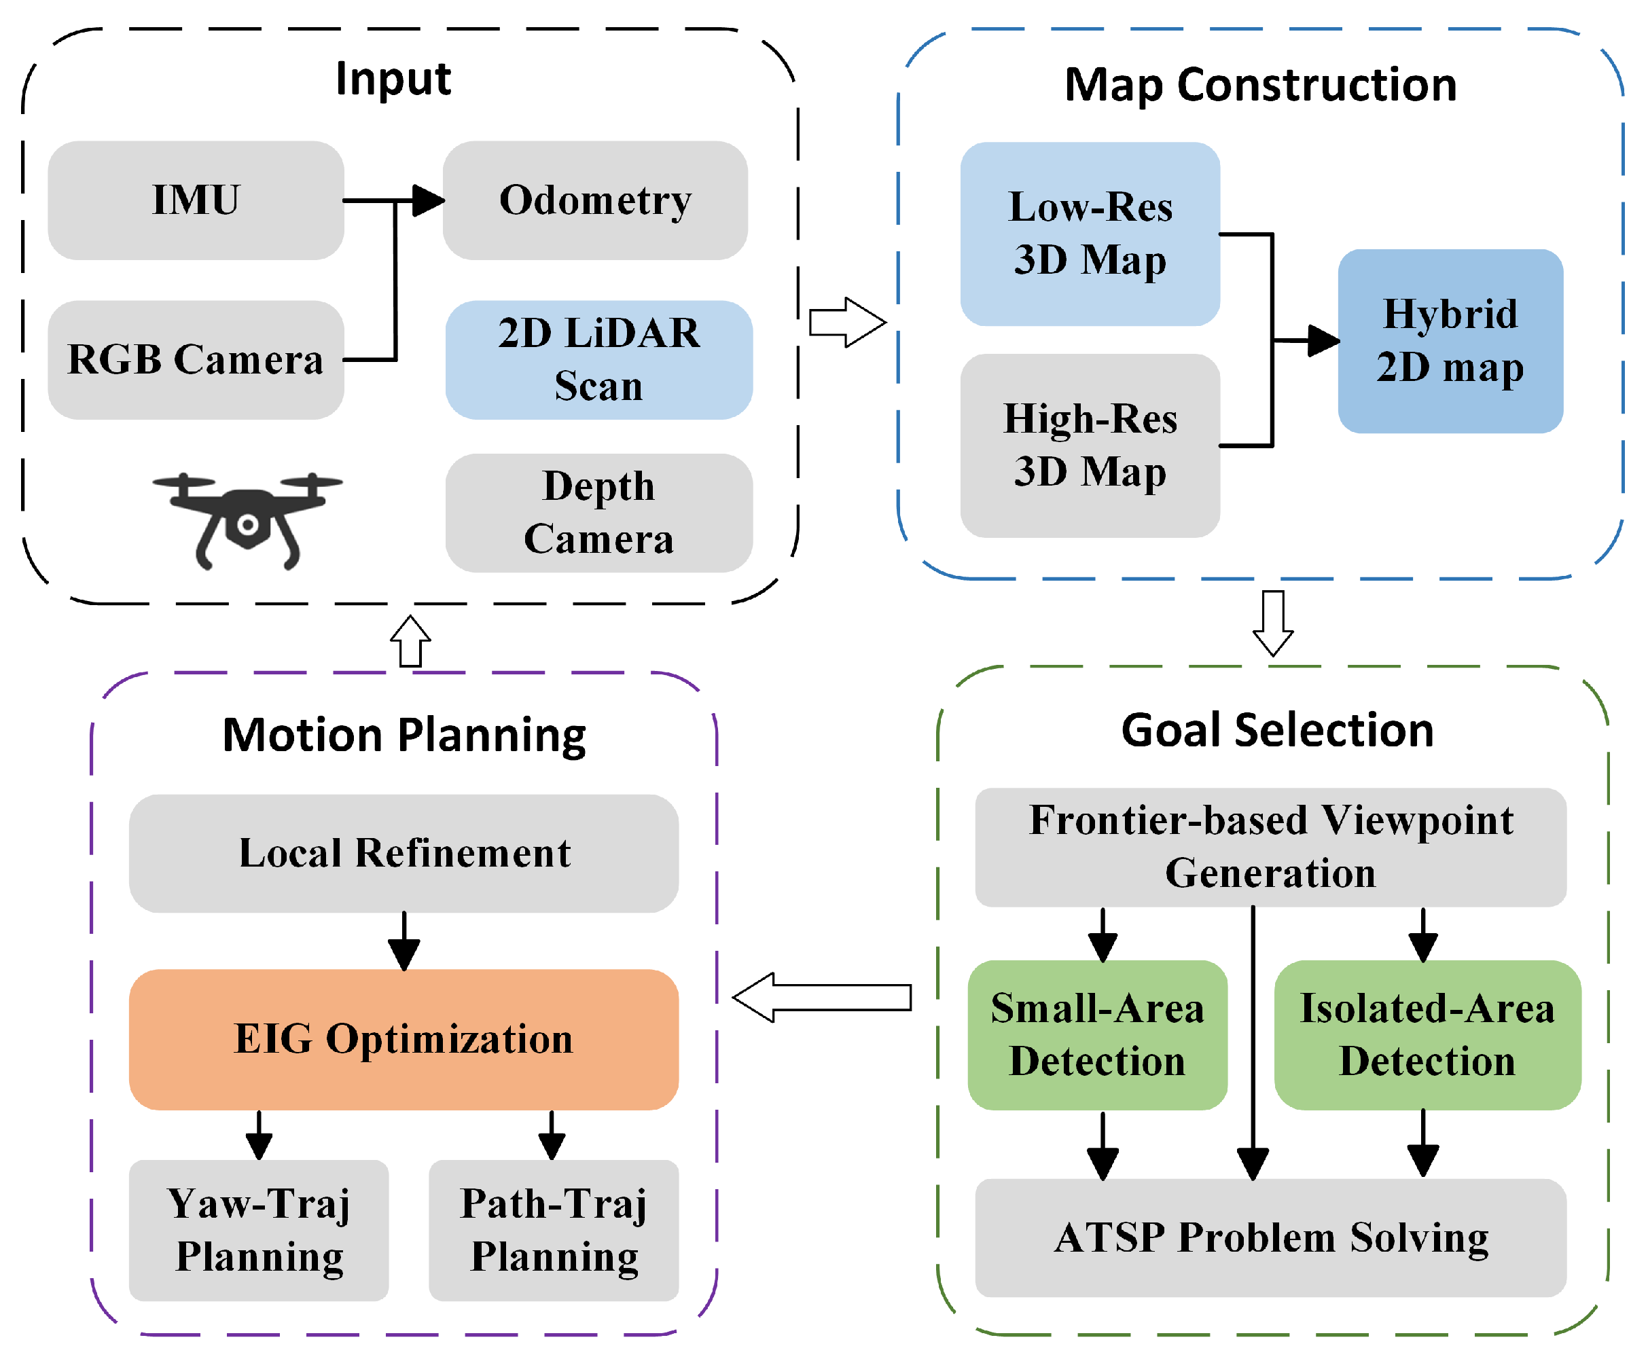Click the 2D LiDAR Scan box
coord(598,360)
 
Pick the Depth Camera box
coord(598,513)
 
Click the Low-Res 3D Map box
coord(1089,234)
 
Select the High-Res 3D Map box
coord(1089,446)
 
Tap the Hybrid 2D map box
coord(1450,341)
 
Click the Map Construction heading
coord(1260,85)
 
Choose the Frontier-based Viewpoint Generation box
coord(1270,848)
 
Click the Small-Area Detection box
coord(1097,1035)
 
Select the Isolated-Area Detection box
coord(1427,1035)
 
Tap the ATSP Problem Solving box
coord(1270,1238)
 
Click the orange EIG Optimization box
coord(404,1039)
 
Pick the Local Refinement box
coord(404,853)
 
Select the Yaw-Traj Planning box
coord(259,1230)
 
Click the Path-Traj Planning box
coord(554,1230)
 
